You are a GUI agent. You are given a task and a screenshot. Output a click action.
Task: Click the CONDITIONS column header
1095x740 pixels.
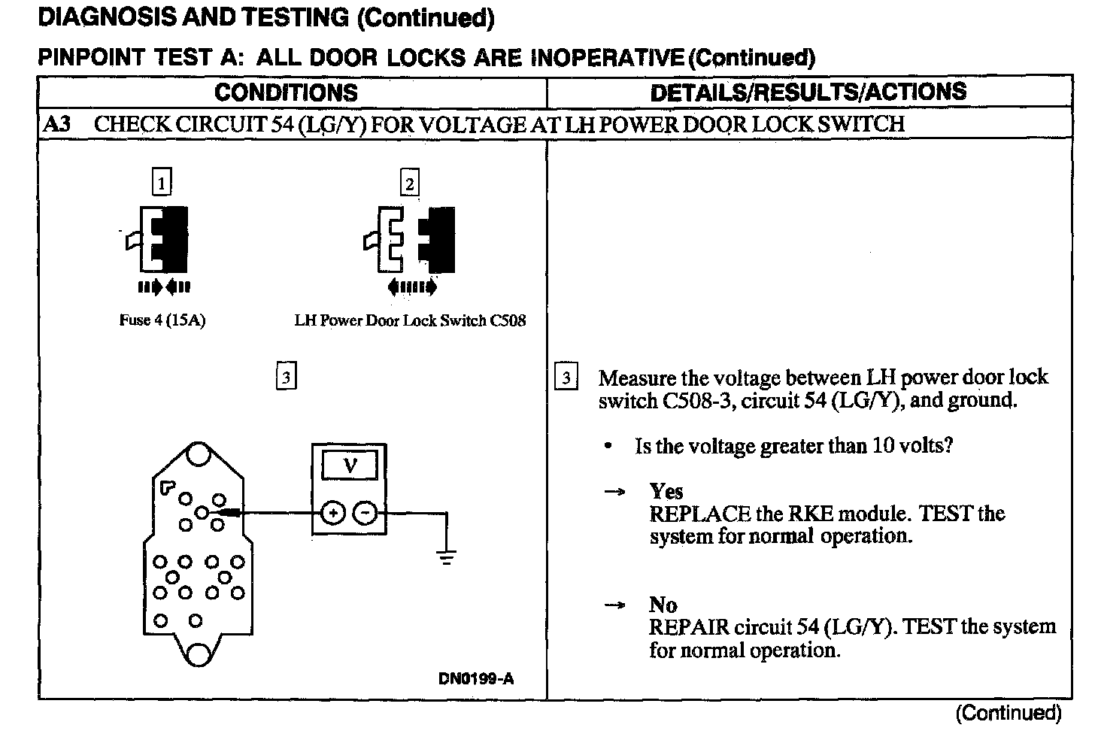tap(286, 92)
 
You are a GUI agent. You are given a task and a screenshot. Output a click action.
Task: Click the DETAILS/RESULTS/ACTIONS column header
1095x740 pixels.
tap(808, 92)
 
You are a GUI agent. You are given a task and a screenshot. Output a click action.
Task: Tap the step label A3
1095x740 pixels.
tap(57, 123)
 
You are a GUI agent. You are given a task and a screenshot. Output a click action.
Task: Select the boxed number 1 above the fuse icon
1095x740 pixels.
tap(162, 183)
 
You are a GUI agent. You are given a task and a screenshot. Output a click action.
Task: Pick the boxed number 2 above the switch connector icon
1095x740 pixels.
tap(409, 183)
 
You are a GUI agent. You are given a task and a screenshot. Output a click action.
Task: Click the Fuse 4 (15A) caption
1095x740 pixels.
tap(162, 320)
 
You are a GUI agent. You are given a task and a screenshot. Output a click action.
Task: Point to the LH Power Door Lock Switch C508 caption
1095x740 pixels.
tap(410, 320)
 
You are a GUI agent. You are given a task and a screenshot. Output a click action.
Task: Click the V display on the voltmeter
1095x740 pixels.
tap(350, 466)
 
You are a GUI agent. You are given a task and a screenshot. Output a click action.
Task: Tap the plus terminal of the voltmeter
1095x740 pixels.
tap(332, 514)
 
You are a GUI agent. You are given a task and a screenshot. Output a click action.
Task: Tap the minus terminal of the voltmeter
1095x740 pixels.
tap(366, 514)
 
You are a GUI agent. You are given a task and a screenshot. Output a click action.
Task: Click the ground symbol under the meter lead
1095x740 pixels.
tap(447, 557)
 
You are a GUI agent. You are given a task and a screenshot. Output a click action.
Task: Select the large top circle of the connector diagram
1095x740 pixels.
tap(199, 455)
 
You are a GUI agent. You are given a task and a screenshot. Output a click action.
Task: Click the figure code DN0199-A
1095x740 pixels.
tap(476, 679)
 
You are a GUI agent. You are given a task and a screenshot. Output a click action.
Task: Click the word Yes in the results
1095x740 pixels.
tap(666, 492)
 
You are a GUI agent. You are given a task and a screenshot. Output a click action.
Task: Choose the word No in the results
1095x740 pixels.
tap(663, 605)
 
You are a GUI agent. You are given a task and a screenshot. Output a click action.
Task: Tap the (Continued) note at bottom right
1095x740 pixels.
tap(1008, 713)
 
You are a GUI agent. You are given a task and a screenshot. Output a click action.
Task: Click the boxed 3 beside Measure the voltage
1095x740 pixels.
tap(566, 378)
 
